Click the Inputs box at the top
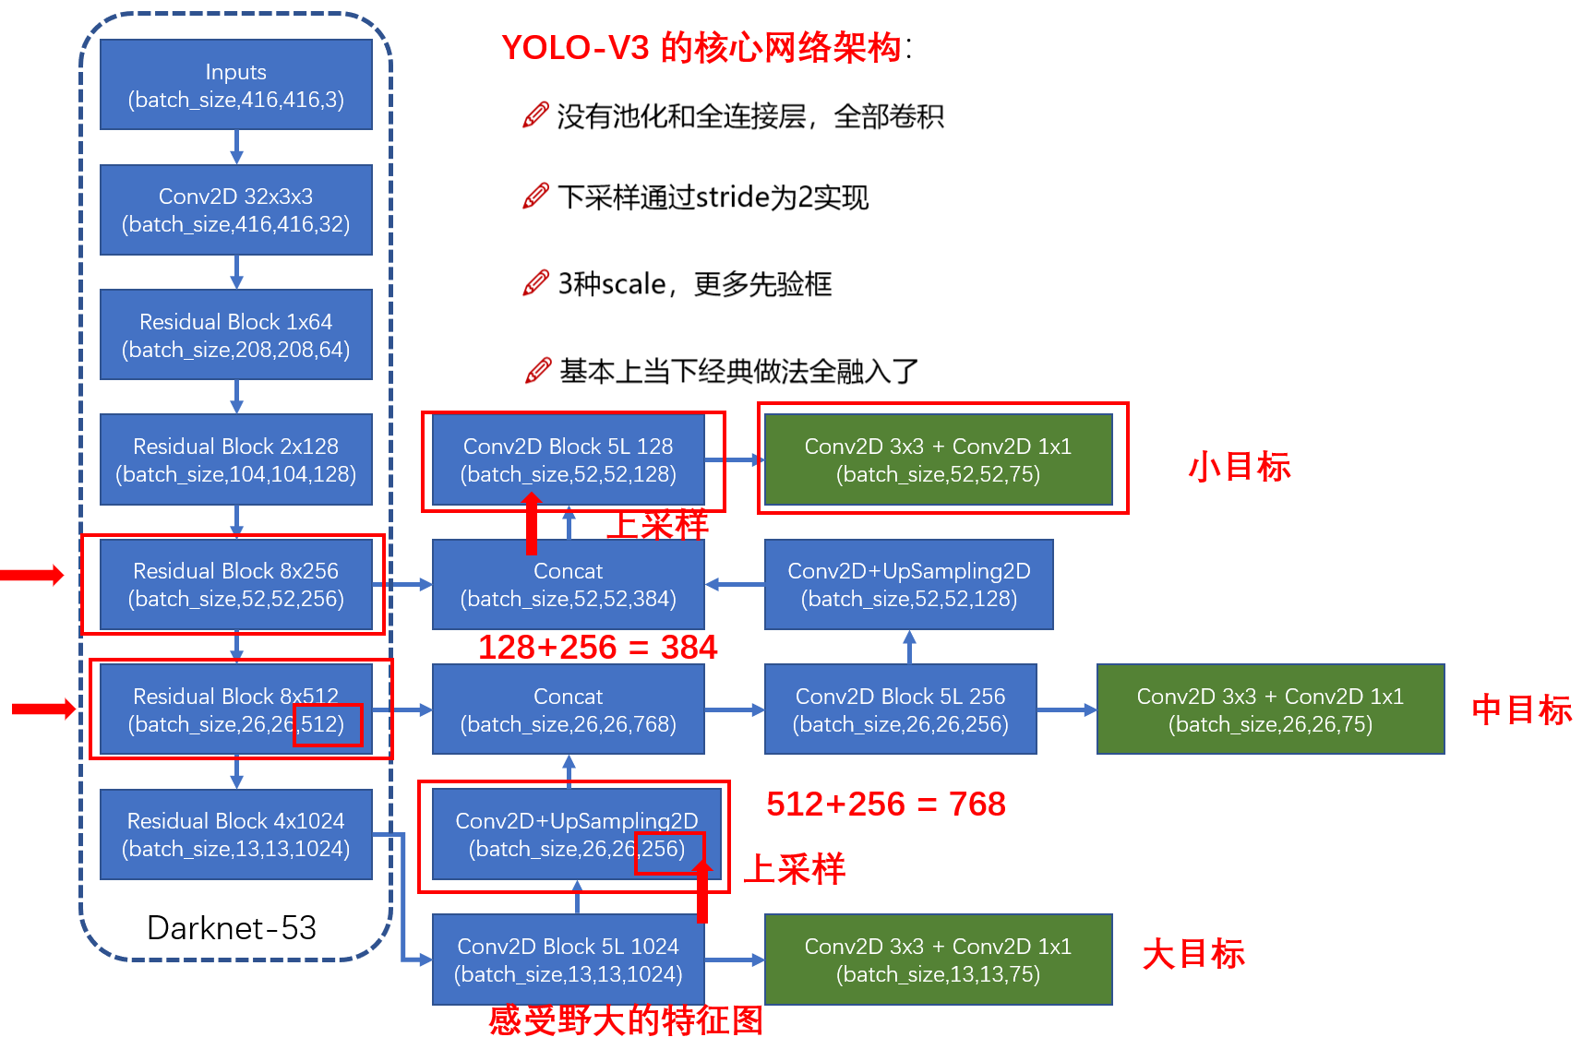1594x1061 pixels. tap(235, 85)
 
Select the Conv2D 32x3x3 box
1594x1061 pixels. tap(235, 209)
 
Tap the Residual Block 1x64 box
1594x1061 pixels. tap(235, 335)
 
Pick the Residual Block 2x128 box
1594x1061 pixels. tap(235, 459)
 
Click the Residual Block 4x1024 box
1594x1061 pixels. tap(235, 834)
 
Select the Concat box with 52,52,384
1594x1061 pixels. tap(568, 584)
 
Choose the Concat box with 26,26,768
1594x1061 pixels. tap(568, 709)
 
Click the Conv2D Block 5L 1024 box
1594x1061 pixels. tap(568, 960)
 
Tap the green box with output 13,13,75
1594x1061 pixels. tap(938, 960)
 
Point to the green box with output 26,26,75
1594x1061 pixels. tap(1270, 709)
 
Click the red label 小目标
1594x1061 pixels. tap(1239, 467)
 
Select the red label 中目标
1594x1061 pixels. tap(1521, 709)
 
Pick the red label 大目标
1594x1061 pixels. tap(1193, 954)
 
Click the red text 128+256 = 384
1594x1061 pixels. tap(597, 648)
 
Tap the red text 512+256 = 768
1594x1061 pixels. tap(885, 805)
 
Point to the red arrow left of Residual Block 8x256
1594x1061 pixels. tap(32, 575)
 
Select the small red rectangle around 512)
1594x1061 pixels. tap(328, 725)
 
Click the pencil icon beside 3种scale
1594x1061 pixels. tap(535, 283)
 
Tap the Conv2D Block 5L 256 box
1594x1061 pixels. tap(900, 709)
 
